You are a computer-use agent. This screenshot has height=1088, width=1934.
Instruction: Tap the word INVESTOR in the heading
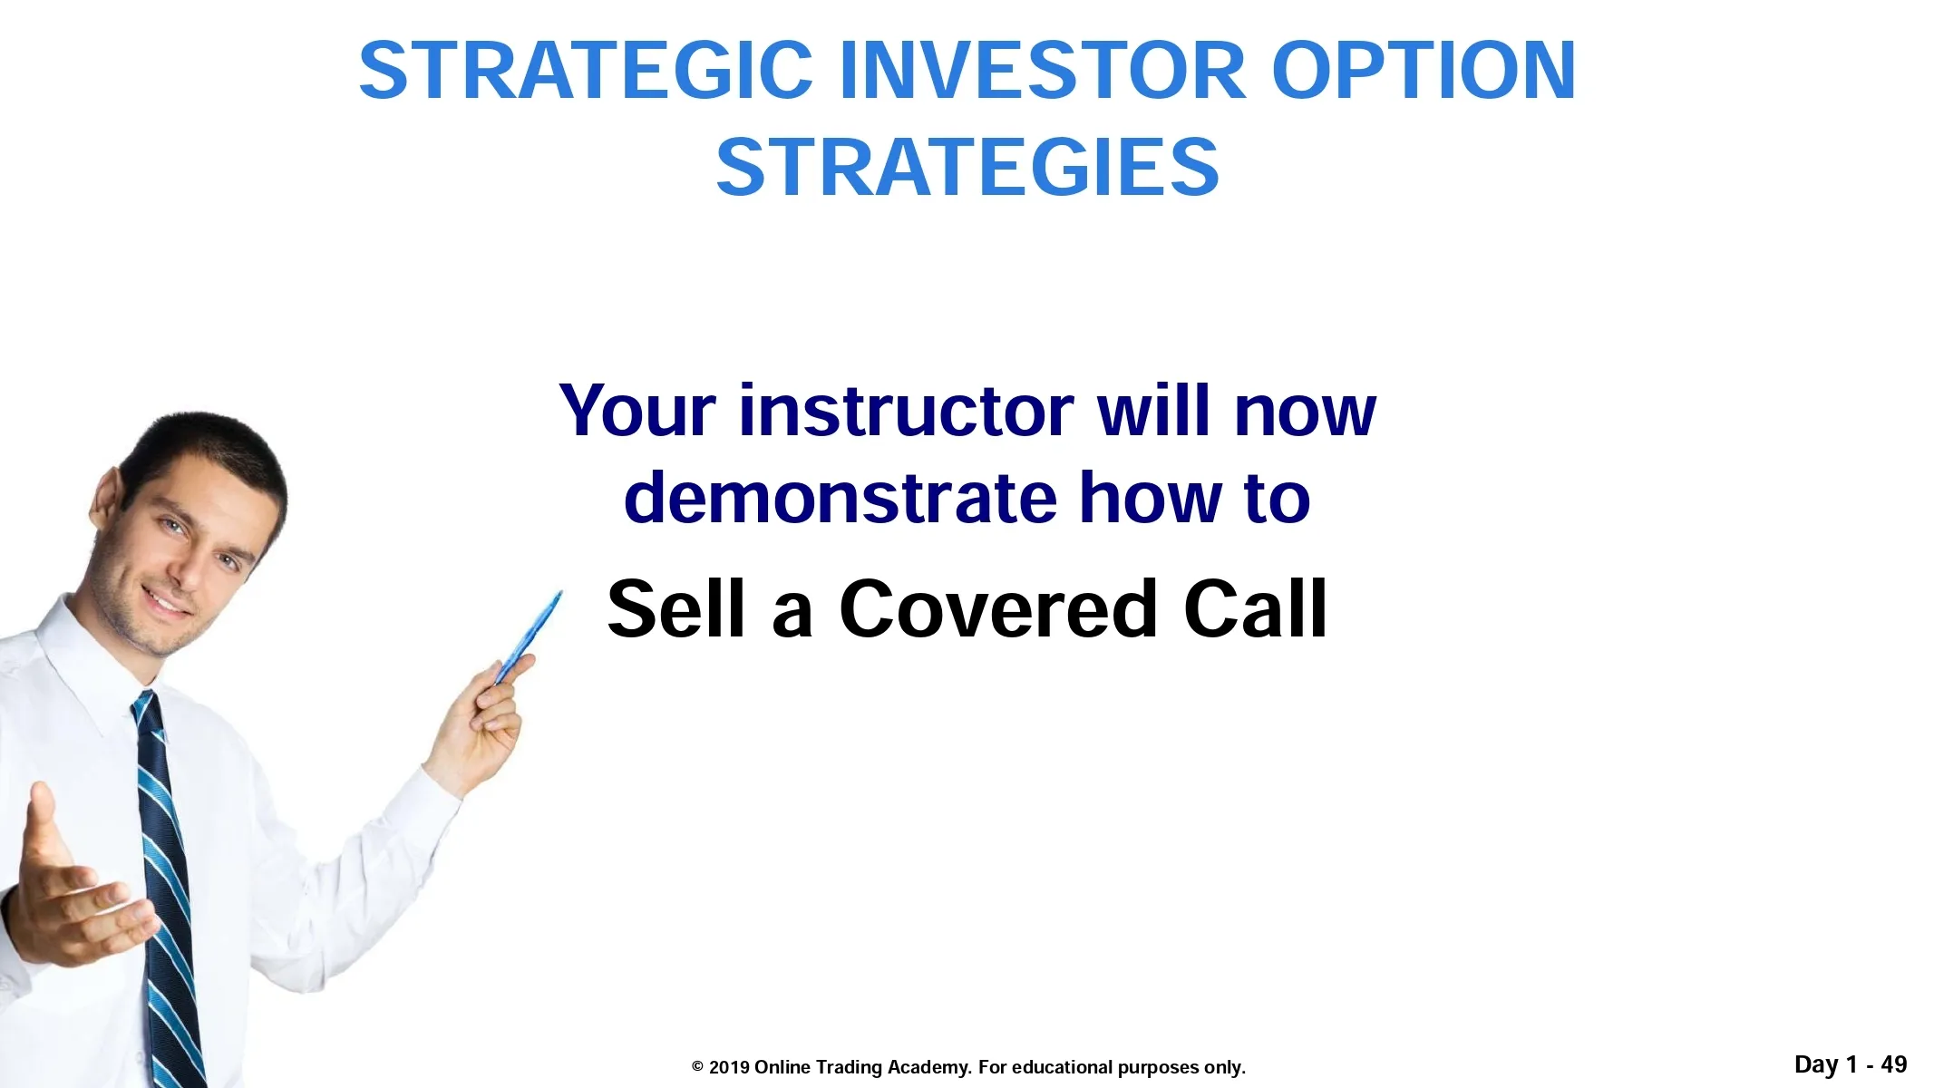(1043, 71)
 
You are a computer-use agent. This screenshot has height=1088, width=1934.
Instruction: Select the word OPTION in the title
(1424, 71)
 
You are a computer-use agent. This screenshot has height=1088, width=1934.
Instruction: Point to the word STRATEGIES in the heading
(967, 167)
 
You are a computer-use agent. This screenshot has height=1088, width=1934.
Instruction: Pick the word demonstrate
(841, 498)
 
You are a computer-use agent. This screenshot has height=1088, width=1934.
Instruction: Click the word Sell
(676, 608)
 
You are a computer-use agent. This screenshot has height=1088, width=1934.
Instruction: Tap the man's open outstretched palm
(73, 893)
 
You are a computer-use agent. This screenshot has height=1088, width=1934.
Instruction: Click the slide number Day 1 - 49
(1851, 1064)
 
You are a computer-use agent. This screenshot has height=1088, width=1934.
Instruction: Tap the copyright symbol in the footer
(697, 1067)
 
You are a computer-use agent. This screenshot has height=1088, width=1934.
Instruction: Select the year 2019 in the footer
(729, 1067)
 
